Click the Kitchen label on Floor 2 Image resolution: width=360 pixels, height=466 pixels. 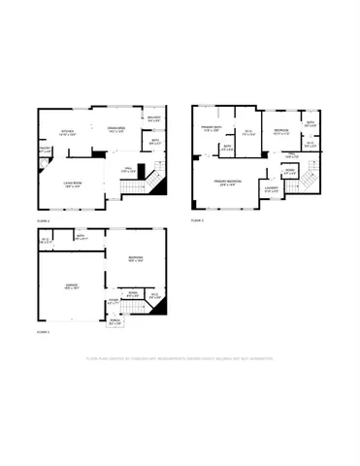(68, 132)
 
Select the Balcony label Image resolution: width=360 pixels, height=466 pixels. (153, 119)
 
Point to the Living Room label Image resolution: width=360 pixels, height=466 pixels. (72, 183)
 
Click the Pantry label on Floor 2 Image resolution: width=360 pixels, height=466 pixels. (44, 150)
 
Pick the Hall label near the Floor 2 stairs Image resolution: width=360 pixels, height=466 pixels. (126, 171)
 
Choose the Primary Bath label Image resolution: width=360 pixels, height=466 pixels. (212, 129)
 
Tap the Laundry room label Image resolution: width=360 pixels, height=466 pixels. (273, 189)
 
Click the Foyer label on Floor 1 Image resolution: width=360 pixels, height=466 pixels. (114, 303)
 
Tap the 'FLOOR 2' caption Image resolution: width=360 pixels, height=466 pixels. (43, 221)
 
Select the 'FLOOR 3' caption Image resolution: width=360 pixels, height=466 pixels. (197, 221)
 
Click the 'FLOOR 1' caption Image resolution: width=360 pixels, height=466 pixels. (43, 332)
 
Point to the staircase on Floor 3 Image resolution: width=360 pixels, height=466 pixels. (306, 178)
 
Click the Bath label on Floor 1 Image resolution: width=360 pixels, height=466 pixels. (82, 236)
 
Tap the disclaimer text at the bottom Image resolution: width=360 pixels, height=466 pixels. (180, 358)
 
